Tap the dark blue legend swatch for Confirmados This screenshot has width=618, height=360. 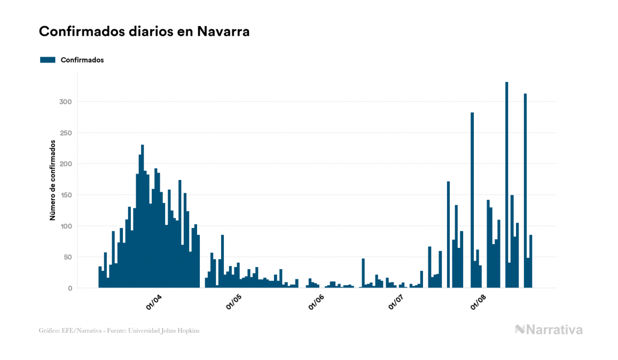pyautogui.click(x=48, y=60)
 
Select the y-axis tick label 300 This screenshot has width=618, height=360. pyautogui.click(x=65, y=102)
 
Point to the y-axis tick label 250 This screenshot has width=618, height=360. pyautogui.click(x=65, y=133)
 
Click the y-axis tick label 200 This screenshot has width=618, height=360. pyautogui.click(x=65, y=164)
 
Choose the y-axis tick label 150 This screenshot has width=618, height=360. pyautogui.click(x=65, y=195)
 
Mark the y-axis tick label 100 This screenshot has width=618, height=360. pyautogui.click(x=65, y=226)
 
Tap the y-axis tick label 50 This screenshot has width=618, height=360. pyautogui.click(x=67, y=257)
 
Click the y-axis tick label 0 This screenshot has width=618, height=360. pyautogui.click(x=69, y=288)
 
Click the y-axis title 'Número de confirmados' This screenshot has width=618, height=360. pyautogui.click(x=53, y=180)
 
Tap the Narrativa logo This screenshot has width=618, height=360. pyautogui.click(x=549, y=330)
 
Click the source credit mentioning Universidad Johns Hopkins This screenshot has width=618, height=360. pyautogui.click(x=119, y=331)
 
